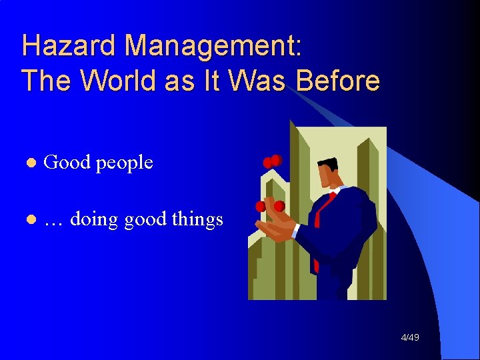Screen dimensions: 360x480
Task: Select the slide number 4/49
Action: tap(410, 338)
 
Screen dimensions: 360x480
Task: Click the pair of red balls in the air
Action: tap(272, 161)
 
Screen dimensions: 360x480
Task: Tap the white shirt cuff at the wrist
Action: tap(295, 231)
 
